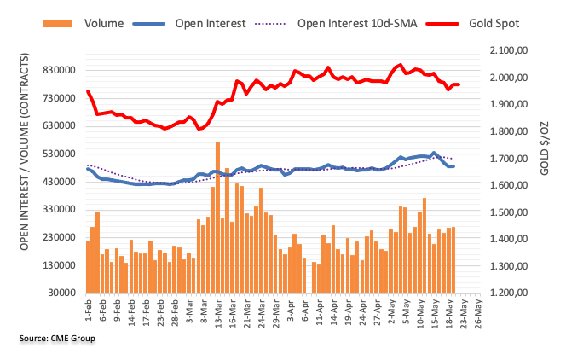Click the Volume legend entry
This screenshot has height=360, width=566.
(x=103, y=23)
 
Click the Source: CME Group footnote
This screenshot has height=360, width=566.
(x=56, y=339)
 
